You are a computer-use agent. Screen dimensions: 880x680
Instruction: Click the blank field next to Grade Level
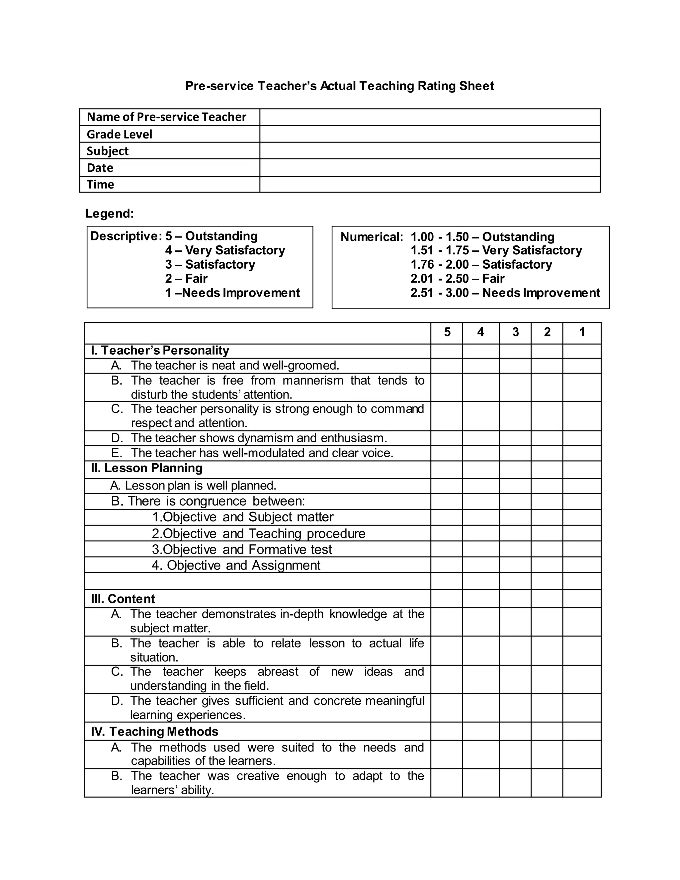430,134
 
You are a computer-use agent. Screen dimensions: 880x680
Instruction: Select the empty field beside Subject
430,151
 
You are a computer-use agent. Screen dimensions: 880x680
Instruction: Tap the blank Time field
430,184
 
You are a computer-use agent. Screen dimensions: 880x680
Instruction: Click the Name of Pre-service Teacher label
166,117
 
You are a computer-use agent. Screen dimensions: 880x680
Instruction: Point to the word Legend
109,213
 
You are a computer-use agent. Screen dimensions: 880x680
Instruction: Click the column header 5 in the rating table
447,332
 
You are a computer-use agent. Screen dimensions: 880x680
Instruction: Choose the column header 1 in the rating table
582,332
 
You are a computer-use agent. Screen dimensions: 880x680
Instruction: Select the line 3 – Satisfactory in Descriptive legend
210,264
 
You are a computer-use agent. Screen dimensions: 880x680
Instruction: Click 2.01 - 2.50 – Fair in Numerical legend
457,278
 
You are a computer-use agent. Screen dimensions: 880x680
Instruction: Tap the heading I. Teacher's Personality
160,350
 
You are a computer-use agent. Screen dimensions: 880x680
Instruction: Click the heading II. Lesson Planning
147,468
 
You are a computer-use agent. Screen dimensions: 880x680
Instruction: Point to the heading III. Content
123,599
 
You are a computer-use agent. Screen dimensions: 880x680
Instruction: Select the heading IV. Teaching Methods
155,731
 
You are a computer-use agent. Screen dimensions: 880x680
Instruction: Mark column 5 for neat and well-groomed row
447,366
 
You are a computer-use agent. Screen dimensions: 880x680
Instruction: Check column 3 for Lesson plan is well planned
515,485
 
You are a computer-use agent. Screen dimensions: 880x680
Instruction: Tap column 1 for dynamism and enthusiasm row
582,438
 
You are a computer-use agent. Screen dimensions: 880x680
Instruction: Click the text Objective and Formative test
242,549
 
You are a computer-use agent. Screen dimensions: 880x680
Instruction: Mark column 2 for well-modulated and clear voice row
547,453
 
